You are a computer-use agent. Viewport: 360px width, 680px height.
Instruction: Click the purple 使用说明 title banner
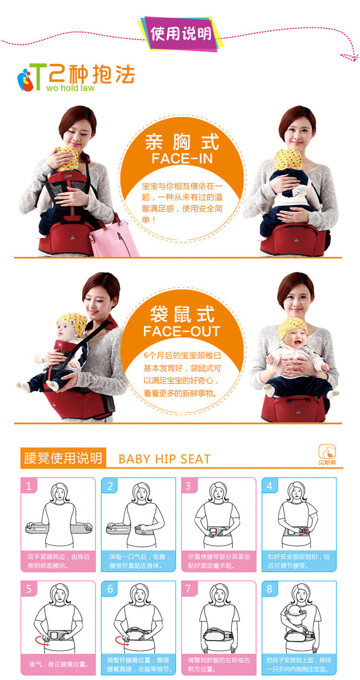pyautogui.click(x=181, y=34)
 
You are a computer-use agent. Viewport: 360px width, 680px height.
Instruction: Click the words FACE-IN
pyautogui.click(x=182, y=159)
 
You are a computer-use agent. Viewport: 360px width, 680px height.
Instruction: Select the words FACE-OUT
pyautogui.click(x=181, y=331)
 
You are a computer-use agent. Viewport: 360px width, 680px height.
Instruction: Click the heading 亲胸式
pyautogui.click(x=182, y=142)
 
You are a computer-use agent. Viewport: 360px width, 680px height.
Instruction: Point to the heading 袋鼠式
pyautogui.click(x=182, y=314)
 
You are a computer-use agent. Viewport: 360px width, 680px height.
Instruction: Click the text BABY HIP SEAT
pyautogui.click(x=165, y=459)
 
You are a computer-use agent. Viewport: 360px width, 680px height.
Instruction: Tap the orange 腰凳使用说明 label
pyautogui.click(x=63, y=458)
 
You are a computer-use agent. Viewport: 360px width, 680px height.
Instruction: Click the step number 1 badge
pyautogui.click(x=29, y=486)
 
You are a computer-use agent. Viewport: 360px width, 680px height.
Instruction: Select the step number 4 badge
pyautogui.click(x=269, y=486)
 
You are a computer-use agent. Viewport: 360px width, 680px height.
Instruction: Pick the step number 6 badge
pyautogui.click(x=110, y=589)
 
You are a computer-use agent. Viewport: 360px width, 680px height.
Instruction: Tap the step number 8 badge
pyautogui.click(x=269, y=589)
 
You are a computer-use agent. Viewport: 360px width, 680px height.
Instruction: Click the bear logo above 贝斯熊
pyautogui.click(x=327, y=452)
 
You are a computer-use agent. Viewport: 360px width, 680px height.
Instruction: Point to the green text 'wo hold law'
pyautogui.click(x=70, y=88)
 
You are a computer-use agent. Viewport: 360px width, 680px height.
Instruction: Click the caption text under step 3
pyautogui.click(x=219, y=561)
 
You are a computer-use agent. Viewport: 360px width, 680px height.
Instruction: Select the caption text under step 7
pyautogui.click(x=219, y=664)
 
